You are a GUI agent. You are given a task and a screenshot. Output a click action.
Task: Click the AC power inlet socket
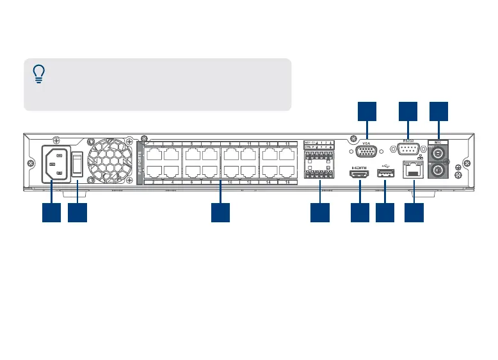pyautogui.click(x=55, y=165)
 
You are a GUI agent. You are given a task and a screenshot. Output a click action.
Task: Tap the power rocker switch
pyautogui.click(x=77, y=165)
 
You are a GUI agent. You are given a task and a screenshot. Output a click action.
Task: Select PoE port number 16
pyautogui.click(x=287, y=172)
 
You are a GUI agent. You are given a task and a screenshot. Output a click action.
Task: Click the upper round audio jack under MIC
pyautogui.click(x=438, y=154)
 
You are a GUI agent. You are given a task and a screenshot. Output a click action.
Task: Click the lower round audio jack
pyautogui.click(x=438, y=171)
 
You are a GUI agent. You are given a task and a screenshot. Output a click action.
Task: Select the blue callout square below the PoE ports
pyautogui.click(x=221, y=213)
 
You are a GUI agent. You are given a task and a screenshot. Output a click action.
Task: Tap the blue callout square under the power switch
pyautogui.click(x=77, y=213)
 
